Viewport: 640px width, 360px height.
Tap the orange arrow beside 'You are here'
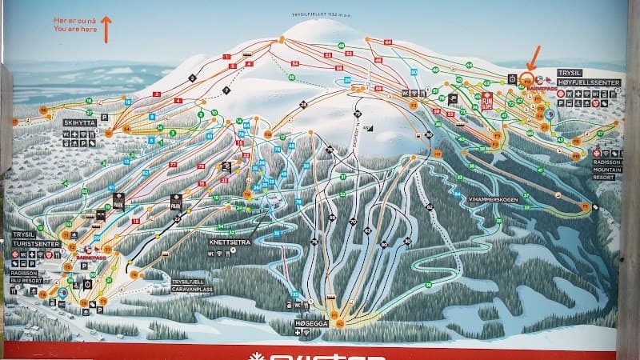(105, 27)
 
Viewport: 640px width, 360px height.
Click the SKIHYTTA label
(79, 123)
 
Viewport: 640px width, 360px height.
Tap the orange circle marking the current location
(526, 79)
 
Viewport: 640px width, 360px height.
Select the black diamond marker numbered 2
(193, 78)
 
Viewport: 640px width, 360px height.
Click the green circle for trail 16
(128, 103)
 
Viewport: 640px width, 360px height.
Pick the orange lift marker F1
(585, 206)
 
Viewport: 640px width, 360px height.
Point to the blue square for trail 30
(414, 72)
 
